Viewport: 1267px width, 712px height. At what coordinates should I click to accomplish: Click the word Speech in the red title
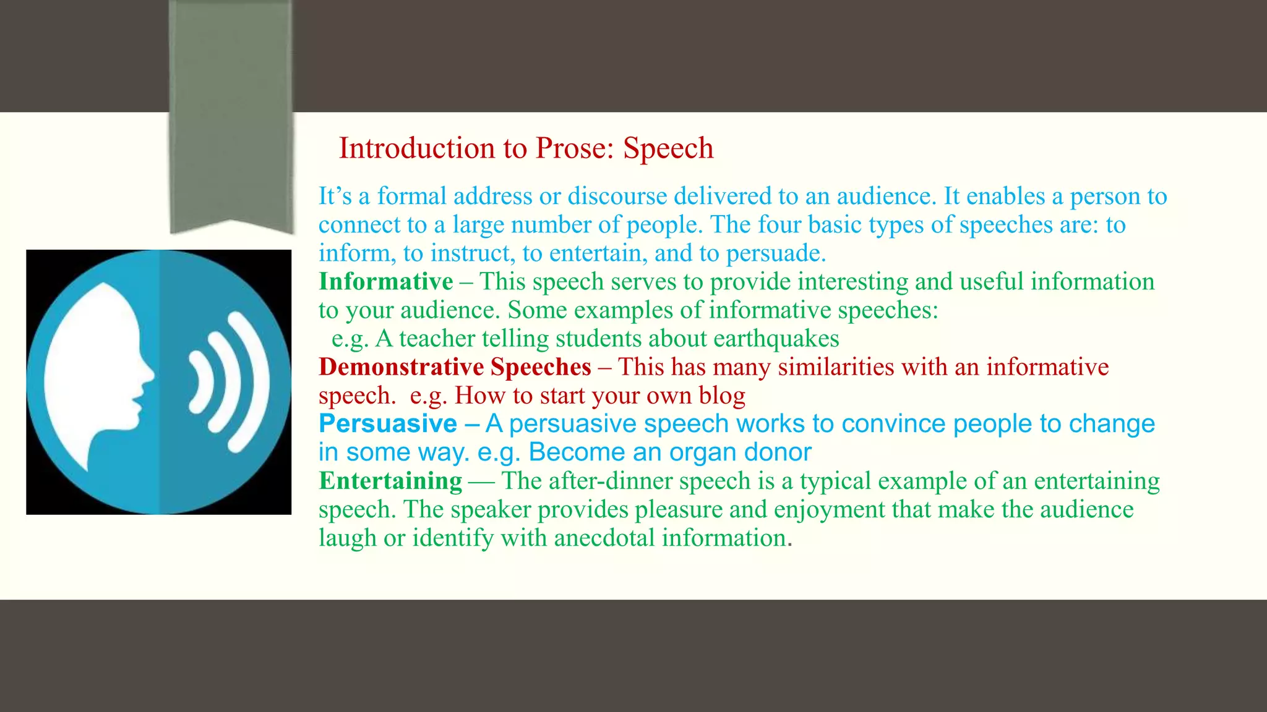tap(668, 149)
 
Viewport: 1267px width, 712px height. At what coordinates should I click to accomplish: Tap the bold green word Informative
tap(385, 282)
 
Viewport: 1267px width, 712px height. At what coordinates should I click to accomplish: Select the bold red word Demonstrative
tap(401, 367)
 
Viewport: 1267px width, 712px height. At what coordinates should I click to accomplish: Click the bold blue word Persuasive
tap(387, 424)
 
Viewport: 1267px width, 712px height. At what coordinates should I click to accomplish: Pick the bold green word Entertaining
tap(390, 481)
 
